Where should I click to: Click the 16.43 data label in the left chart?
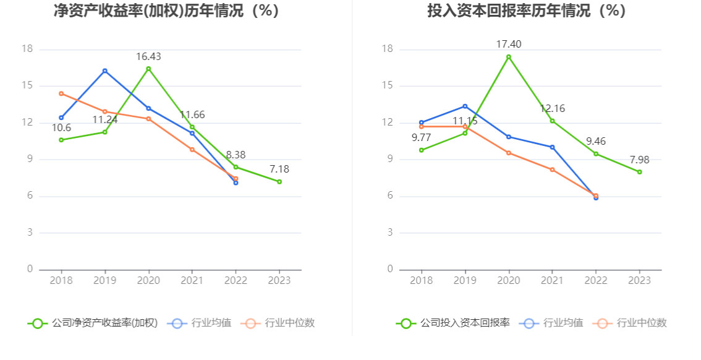[148, 57]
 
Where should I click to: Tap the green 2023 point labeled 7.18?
[279, 182]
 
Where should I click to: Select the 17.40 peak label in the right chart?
[509, 45]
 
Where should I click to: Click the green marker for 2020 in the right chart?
[509, 57]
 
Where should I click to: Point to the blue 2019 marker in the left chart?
[105, 71]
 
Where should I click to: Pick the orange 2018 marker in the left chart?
[61, 93]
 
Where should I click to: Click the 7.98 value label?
[639, 160]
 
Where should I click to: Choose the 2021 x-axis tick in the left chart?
[192, 280]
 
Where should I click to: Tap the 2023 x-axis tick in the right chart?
[639, 280]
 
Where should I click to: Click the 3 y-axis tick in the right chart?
[390, 233]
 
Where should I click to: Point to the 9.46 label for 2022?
[596, 141]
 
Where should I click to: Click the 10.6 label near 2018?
[61, 128]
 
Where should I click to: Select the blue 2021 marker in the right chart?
[553, 147]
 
